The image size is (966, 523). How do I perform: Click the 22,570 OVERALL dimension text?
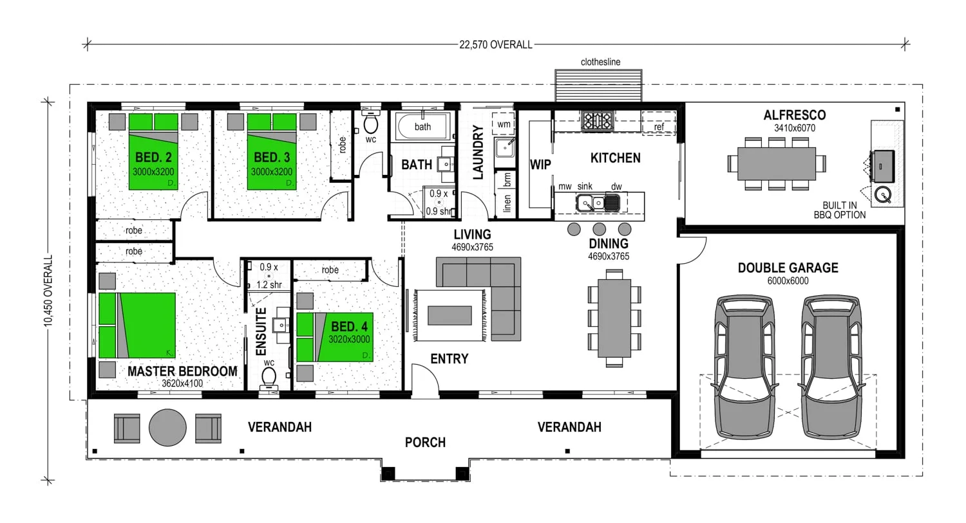pos(495,45)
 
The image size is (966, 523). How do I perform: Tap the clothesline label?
pos(600,62)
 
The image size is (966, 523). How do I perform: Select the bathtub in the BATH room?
pos(422,127)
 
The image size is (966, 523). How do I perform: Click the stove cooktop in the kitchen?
pos(597,120)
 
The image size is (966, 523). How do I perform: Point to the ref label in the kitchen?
pos(659,127)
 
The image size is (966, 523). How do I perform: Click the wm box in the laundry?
pos(504,124)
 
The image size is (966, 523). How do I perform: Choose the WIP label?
pos(540,165)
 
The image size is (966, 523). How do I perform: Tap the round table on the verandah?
pos(167,427)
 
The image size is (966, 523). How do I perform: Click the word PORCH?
pos(425,443)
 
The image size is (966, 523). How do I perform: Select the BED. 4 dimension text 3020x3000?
pos(349,340)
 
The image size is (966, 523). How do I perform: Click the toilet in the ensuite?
pos(269,378)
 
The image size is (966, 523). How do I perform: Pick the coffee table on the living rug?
pos(450,315)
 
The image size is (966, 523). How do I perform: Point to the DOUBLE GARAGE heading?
pos(788,268)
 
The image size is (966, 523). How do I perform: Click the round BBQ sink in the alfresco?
pos(883,195)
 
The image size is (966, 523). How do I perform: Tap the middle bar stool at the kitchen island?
pos(599,229)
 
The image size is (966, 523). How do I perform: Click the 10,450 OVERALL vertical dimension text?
pos(48,291)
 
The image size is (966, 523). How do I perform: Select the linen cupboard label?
pos(507,203)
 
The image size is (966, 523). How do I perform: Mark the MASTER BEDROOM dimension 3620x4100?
pos(182,383)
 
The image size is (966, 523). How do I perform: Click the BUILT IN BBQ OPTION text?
pos(840,210)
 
